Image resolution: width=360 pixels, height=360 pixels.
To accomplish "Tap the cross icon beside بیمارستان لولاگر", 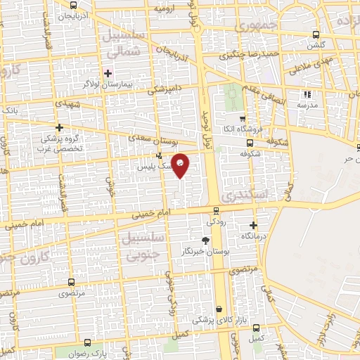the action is (108, 72).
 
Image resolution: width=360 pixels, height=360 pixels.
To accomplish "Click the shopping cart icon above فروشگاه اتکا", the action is (242, 119).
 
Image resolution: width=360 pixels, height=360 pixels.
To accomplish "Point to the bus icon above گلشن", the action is (316, 34).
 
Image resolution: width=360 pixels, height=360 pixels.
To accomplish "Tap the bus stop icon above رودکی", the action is (216, 210).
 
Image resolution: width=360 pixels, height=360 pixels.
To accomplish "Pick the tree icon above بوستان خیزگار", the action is (205, 240).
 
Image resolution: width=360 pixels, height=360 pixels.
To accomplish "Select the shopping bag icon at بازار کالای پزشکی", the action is (219, 309).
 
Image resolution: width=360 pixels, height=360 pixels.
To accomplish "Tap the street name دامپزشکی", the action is (163, 88).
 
